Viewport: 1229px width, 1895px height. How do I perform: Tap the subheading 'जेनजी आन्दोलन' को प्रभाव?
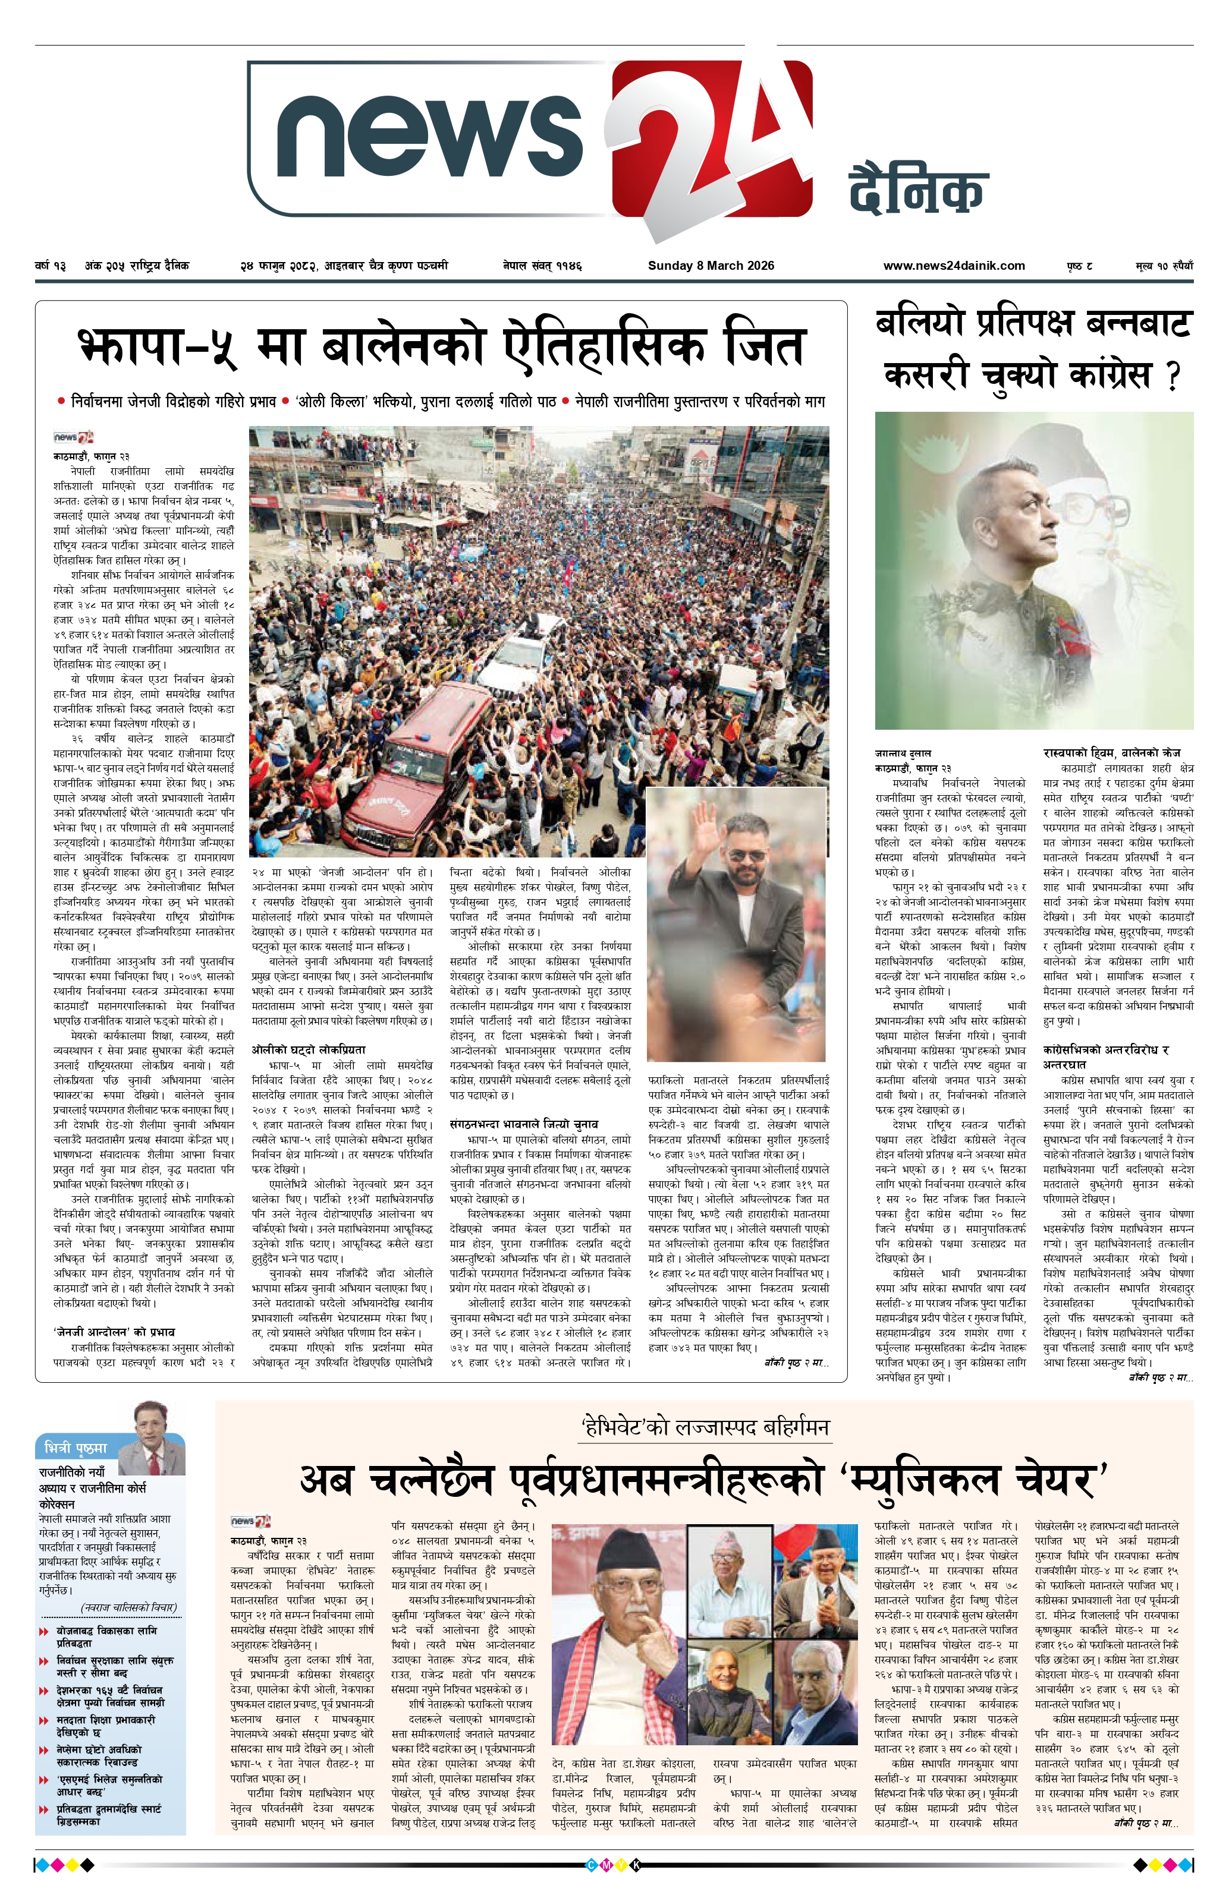coord(114,1331)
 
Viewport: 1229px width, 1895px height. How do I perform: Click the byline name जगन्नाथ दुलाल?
coord(903,752)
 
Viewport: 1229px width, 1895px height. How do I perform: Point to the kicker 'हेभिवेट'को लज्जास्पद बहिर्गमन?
coord(705,1425)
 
